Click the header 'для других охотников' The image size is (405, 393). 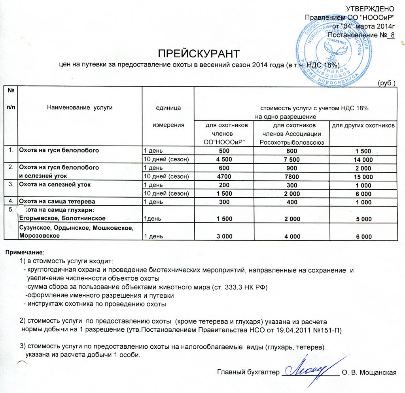(x=363, y=125)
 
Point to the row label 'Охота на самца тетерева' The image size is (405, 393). (x=57, y=202)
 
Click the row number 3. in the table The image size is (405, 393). (x=12, y=185)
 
